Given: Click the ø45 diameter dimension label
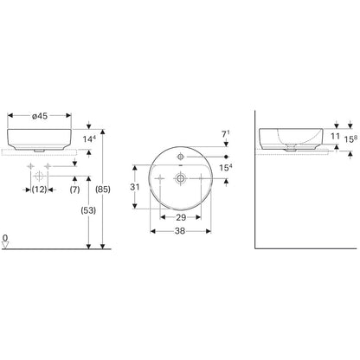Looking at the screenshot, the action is coord(40,116).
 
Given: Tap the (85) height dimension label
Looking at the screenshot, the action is coord(103,190).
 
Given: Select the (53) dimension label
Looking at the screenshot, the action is coord(88,210).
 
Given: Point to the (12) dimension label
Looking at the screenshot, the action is coord(39,190).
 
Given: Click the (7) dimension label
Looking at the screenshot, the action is coord(74,190).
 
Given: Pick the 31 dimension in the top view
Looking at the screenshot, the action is coord(135,187).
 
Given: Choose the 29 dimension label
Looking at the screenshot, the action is coord(181,217).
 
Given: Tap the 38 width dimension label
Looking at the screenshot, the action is coord(180,231).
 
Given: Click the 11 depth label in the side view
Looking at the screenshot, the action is coord(335,136).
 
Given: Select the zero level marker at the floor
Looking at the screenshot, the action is coord(5,241).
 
